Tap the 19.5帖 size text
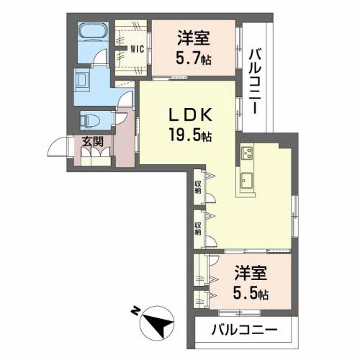point(191,135)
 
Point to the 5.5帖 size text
point(251,293)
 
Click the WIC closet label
point(137,50)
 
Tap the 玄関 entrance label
point(91,141)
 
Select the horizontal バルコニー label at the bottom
point(243,331)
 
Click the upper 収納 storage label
point(197,189)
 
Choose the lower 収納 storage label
point(197,228)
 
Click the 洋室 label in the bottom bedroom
point(251,275)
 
